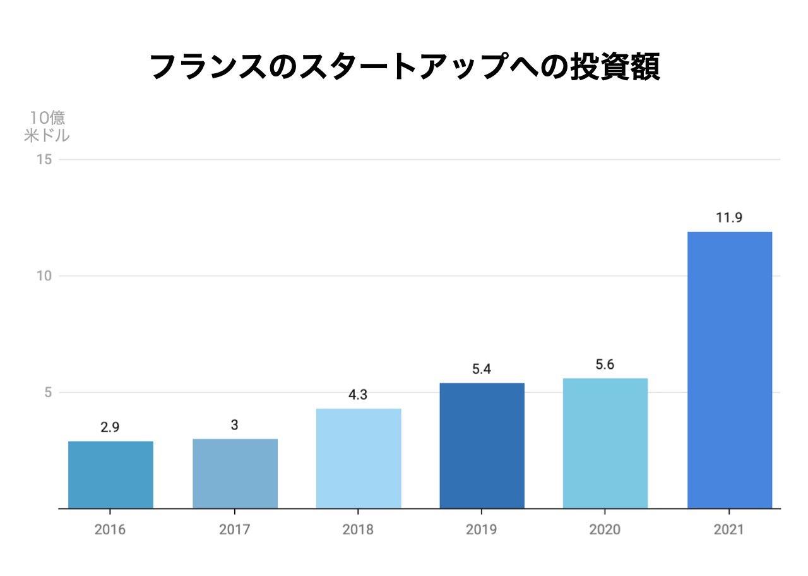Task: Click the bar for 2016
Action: (110, 475)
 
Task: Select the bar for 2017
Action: (235, 474)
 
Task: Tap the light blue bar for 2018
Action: (359, 459)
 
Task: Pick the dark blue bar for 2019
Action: (482, 446)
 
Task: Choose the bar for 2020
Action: (605, 443)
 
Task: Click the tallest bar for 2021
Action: (729, 370)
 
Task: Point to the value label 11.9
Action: (729, 218)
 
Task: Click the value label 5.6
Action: (605, 364)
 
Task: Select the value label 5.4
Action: (482, 369)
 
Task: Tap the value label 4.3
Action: (358, 395)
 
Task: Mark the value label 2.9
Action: (110, 428)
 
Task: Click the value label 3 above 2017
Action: (234, 425)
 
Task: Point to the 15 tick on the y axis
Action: (45, 159)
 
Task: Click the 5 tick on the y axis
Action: (48, 392)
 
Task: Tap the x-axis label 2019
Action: (482, 529)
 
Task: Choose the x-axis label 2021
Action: (729, 529)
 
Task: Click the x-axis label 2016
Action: (110, 529)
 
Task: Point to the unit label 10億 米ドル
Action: (47, 126)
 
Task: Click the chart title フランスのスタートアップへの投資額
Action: (405, 66)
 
